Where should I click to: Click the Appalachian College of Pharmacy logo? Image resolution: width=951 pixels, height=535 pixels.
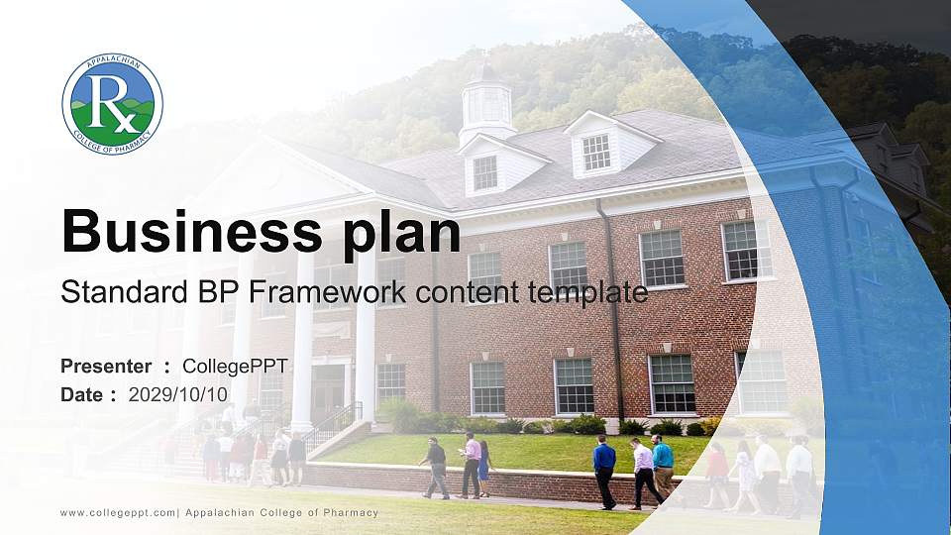(x=112, y=104)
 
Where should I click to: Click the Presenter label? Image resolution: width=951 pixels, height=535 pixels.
(x=106, y=367)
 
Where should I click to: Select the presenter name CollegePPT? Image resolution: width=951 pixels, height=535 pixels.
(x=235, y=367)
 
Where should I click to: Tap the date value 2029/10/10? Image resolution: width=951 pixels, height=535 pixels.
(x=178, y=394)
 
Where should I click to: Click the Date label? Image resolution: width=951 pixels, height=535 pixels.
(x=82, y=394)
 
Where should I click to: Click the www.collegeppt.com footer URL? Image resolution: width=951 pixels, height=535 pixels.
(x=118, y=512)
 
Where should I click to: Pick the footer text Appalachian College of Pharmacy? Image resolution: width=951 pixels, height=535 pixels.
(x=281, y=512)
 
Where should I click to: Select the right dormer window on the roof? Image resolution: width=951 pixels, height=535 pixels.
(x=596, y=151)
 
